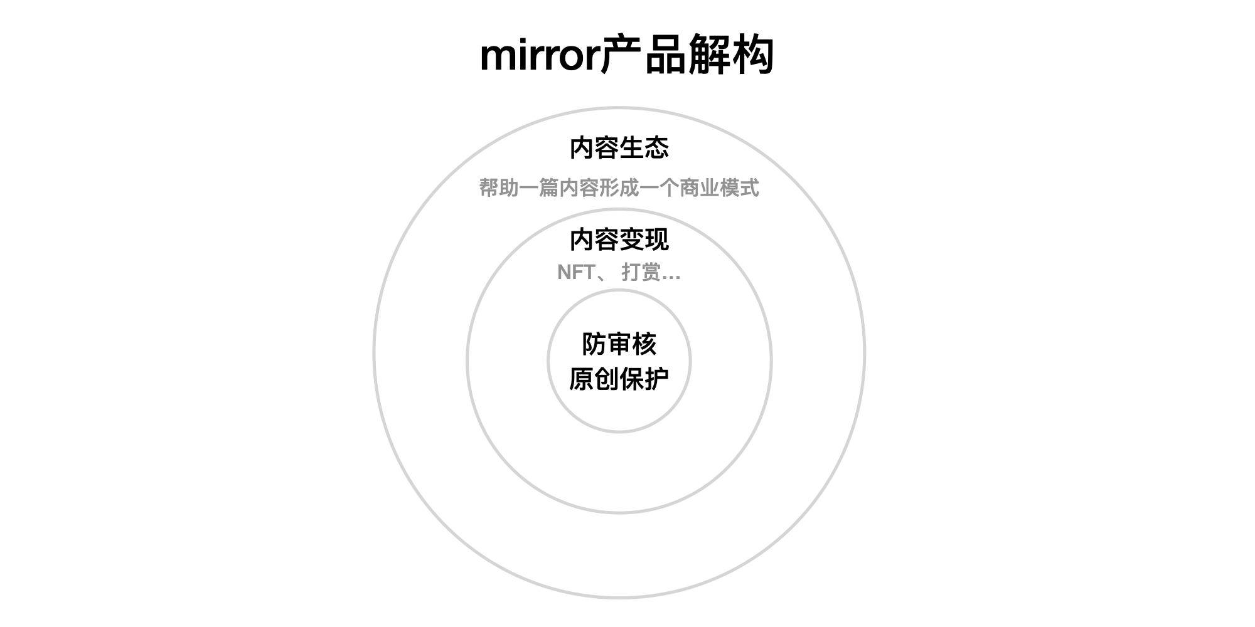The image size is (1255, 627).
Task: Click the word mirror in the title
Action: click(540, 56)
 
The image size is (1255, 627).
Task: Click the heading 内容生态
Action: click(619, 148)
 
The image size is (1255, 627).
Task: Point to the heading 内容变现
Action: click(619, 240)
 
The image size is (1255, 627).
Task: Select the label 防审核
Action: click(619, 344)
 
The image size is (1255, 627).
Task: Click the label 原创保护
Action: click(619, 379)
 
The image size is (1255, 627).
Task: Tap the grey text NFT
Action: click(576, 272)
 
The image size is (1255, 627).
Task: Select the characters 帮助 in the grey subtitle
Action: click(499, 187)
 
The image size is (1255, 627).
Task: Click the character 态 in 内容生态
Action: click(657, 148)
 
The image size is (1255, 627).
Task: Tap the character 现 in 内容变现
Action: click(657, 240)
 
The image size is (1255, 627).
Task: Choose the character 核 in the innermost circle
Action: click(644, 344)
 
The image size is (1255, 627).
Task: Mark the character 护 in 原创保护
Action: click(657, 379)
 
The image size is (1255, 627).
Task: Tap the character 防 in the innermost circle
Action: click(594, 344)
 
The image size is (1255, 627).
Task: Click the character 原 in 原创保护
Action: click(582, 379)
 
